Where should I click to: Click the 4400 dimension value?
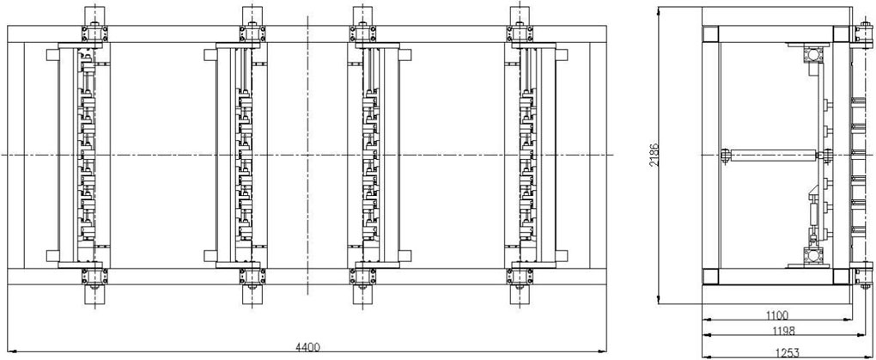[307, 347]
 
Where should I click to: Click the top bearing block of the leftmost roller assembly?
[95, 33]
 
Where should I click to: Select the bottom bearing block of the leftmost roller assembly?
[95, 277]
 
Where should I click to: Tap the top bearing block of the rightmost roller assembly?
[520, 33]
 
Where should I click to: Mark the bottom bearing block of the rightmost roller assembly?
[520, 277]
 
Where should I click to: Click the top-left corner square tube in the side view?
[711, 34]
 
